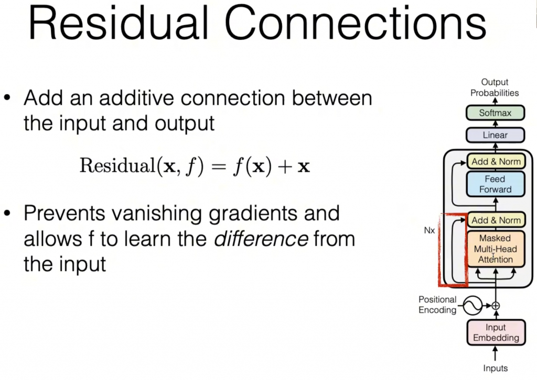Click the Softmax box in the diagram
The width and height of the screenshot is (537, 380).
coord(495,113)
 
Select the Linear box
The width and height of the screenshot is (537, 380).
coord(495,135)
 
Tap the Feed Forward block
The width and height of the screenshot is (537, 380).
coord(496,184)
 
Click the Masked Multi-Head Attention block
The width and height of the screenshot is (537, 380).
coord(496,249)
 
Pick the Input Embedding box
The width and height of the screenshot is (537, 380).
coord(496,332)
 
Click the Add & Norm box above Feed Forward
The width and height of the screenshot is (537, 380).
coord(496,161)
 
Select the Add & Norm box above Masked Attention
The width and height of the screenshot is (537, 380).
coord(496,220)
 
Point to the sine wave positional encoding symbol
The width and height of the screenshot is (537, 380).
coord(472,306)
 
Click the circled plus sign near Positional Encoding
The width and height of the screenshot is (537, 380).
coord(496,306)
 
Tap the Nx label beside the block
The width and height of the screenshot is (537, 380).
coord(429,230)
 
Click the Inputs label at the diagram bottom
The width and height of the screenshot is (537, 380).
coord(495,368)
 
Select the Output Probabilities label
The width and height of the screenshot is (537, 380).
coord(495,87)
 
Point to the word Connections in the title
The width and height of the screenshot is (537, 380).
coord(356,23)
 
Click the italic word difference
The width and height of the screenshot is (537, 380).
coord(261,239)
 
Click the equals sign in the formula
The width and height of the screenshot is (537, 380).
coord(219,166)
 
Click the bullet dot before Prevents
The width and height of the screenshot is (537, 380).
coord(7,213)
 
